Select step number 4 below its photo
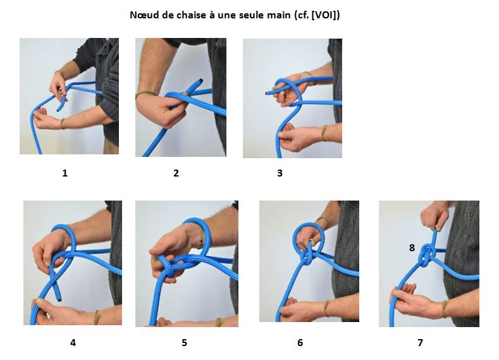73,343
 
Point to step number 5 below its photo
184,343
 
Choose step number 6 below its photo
300,343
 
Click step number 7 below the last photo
420,343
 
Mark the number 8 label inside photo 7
412,248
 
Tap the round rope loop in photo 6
308,237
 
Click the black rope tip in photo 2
200,80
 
